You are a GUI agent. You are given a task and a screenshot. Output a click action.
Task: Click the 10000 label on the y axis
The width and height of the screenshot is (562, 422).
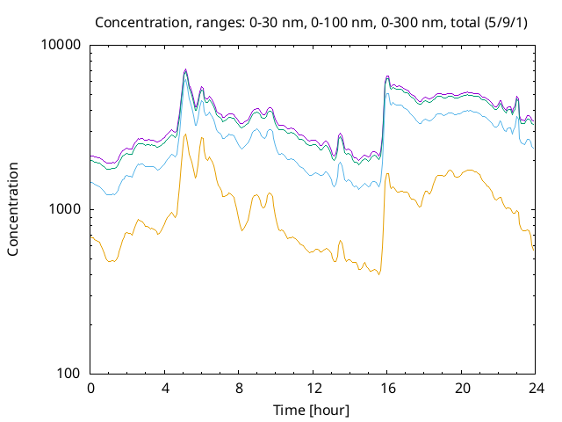click(61, 45)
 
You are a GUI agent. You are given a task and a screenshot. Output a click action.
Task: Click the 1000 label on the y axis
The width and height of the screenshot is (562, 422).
click(65, 209)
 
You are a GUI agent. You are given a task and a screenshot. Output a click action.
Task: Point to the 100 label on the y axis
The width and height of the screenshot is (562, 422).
click(68, 373)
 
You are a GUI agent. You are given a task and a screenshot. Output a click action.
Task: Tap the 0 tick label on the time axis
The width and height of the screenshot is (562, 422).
click(90, 389)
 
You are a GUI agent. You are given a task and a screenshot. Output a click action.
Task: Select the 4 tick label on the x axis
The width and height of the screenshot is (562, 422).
click(165, 389)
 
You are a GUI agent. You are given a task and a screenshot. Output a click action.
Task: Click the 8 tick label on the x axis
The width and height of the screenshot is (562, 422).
click(239, 389)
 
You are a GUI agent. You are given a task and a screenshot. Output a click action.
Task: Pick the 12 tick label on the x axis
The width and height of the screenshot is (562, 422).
click(313, 389)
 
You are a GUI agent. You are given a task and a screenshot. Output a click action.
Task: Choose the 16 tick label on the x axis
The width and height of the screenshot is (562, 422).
click(388, 389)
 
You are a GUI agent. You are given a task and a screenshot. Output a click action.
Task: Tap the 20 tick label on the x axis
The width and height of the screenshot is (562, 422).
click(462, 389)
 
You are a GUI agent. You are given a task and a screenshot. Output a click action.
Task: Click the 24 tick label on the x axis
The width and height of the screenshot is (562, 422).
click(537, 389)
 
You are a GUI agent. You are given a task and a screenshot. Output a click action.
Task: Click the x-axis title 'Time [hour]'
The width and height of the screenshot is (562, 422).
click(311, 411)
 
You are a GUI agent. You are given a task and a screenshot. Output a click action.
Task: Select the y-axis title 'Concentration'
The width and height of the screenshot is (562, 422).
click(13, 209)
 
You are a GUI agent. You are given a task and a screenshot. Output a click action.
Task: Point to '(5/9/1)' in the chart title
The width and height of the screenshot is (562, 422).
click(506, 23)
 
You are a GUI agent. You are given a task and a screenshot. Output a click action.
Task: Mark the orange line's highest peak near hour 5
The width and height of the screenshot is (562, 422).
click(185, 134)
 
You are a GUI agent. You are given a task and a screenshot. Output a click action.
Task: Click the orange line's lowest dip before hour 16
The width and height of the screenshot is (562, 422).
click(378, 274)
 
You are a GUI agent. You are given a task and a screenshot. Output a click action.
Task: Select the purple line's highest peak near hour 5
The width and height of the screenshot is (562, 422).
click(185, 69)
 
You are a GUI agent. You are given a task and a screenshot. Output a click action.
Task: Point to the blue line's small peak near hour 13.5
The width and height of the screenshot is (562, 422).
click(340, 162)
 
